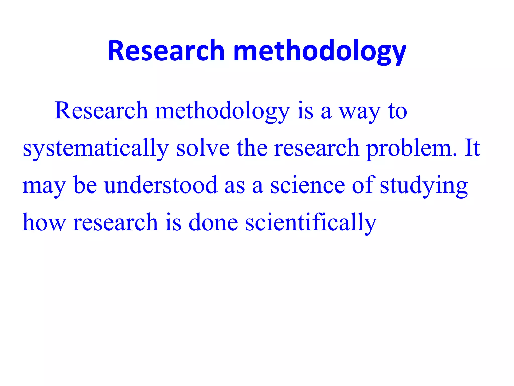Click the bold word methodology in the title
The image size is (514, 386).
click(319, 51)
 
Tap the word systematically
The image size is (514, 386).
click(96, 149)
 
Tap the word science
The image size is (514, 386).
click(307, 186)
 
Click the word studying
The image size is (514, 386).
click(424, 186)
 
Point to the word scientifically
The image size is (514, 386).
click(311, 223)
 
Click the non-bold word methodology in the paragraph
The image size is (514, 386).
click(222, 112)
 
